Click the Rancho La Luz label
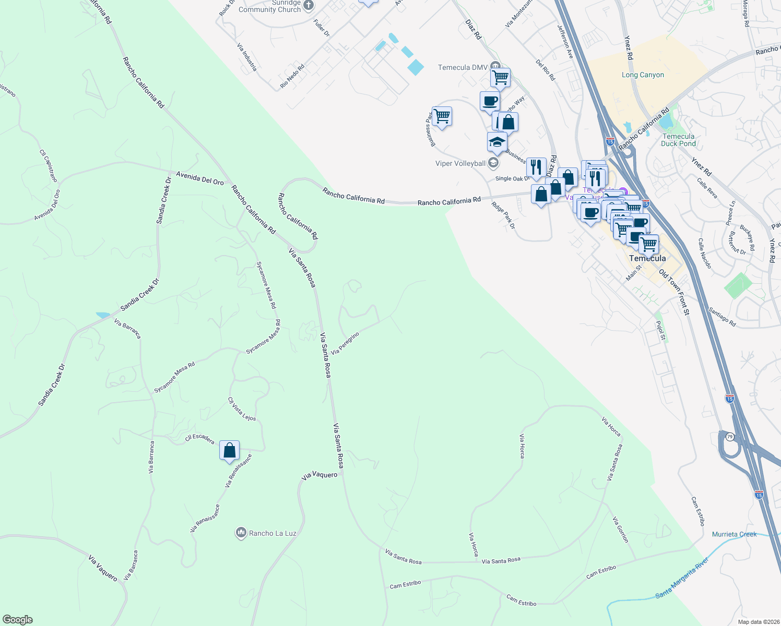point(273,533)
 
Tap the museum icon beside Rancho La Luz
point(241,533)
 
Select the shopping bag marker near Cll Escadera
point(230,451)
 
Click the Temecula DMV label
point(463,67)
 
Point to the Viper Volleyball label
point(460,163)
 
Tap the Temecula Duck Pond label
point(678,140)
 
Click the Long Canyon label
point(643,75)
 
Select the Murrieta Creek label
point(734,534)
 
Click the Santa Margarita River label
point(682,578)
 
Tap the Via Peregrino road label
point(345,343)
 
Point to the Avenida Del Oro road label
point(200,178)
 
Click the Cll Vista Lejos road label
point(242,409)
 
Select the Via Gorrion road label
point(621,529)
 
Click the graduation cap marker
point(497,142)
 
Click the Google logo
point(18,620)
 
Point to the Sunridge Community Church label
point(270,6)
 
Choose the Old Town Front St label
point(674,292)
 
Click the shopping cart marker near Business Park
point(442,117)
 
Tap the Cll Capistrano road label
point(49,166)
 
